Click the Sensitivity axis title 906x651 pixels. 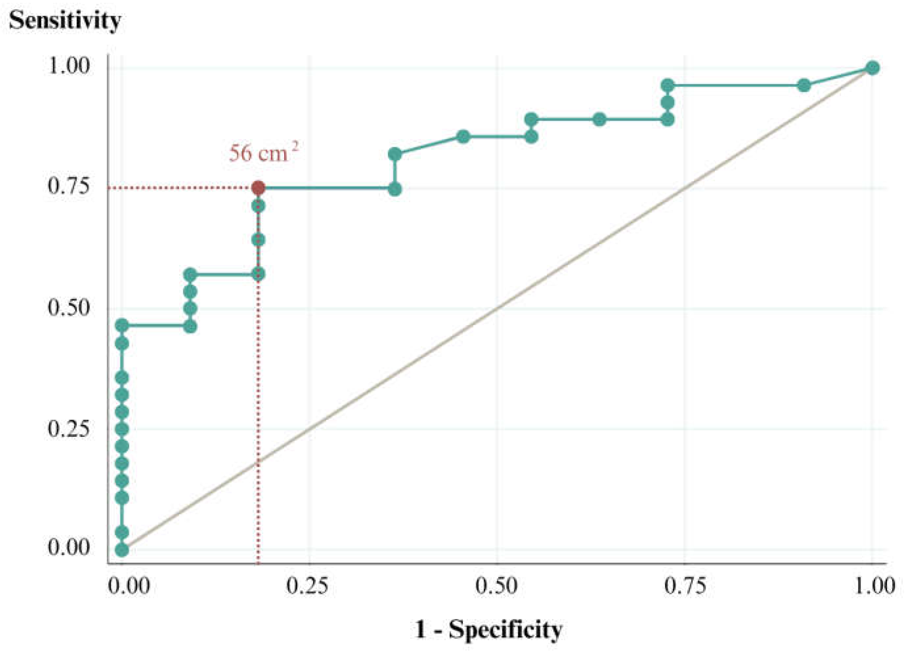(65, 21)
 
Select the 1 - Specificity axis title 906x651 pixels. (489, 630)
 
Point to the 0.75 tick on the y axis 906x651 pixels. (68, 187)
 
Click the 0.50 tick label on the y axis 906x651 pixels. (68, 308)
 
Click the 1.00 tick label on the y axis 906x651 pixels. (68, 66)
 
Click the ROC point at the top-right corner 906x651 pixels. (873, 68)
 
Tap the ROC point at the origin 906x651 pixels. (122, 550)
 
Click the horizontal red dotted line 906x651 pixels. (184, 188)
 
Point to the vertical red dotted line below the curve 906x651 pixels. (259, 399)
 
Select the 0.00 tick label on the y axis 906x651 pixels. (68, 548)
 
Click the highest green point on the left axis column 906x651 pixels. (122, 325)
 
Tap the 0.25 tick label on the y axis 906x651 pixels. (68, 429)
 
